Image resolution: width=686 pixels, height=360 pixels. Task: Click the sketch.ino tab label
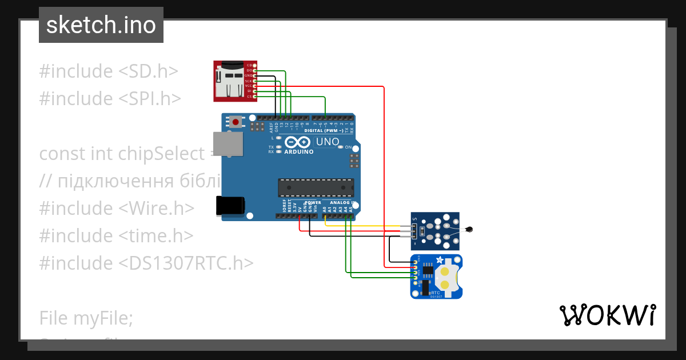101,25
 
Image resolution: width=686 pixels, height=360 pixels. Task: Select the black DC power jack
230,206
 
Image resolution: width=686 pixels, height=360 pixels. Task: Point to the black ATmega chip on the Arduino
316,187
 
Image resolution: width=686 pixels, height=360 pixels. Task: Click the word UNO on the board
328,142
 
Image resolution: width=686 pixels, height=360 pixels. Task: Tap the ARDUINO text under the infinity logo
299,152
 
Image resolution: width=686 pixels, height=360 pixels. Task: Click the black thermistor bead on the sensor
469,230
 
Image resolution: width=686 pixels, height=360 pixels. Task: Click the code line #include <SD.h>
109,71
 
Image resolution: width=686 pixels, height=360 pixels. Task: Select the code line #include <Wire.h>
117,208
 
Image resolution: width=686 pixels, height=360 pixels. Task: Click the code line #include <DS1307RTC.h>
146,263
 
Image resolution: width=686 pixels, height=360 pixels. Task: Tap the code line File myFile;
86,317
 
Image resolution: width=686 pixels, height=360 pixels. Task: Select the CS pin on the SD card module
254,97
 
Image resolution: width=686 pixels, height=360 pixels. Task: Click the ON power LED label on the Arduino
348,147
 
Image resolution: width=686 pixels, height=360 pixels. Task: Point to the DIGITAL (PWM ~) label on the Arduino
324,131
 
